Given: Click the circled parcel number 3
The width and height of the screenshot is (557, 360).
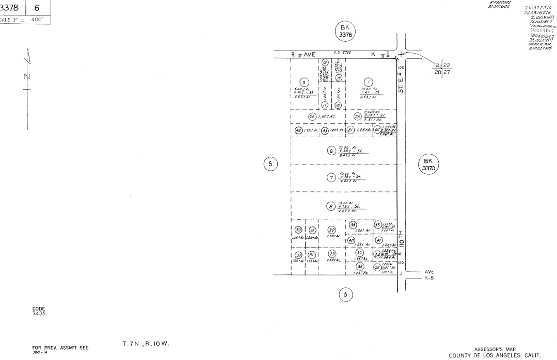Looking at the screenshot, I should coord(305,82).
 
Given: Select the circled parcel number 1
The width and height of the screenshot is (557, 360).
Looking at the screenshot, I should coord(368,82).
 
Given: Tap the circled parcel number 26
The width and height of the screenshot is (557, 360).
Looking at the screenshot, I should coord(312,117).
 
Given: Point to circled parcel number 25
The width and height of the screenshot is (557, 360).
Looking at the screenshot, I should coord(357,116).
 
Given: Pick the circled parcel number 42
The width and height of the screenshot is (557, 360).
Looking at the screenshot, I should coord(298,130).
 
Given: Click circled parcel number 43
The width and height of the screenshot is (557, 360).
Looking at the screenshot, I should coord(325,130).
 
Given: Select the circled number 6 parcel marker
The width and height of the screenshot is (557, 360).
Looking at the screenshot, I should coord(331,151).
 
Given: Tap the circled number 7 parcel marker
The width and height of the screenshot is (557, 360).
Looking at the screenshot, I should coord(331,178).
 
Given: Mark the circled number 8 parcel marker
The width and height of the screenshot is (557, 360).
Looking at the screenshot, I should coord(330,206).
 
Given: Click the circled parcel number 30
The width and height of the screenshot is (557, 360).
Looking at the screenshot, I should coord(332,230).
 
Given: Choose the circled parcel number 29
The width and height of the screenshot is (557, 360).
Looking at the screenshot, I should coord(332,254).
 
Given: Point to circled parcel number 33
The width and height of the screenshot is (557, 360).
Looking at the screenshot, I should coord(298,230).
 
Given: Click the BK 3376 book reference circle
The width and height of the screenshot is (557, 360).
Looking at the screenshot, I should coord(345,31).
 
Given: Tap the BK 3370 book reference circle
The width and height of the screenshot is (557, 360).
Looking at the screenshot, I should coord(428,165).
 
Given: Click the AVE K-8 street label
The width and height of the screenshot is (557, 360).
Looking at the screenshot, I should coord(429,275).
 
